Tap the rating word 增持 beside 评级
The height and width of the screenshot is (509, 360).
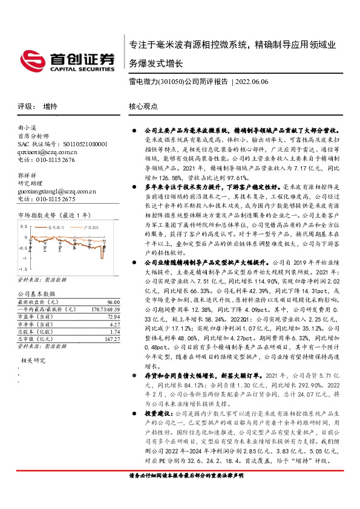pyautogui.click(x=51, y=106)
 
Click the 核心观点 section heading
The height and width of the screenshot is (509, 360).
pyautogui.click(x=143, y=106)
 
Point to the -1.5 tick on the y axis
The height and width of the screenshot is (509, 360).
pyautogui.click(x=23, y=268)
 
